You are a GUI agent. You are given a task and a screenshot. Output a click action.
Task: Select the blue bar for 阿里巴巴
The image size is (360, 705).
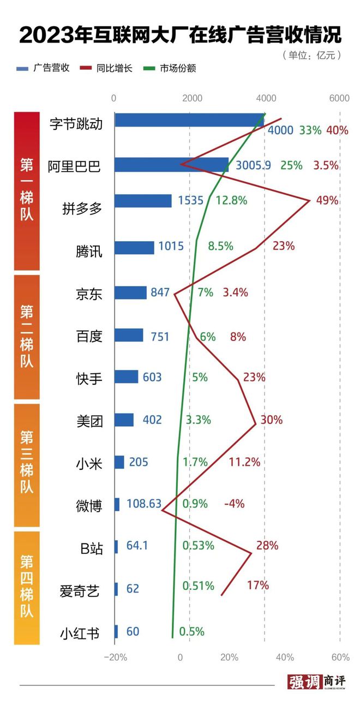tap(171, 164)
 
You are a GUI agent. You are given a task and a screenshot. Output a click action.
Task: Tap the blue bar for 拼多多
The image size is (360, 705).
tap(143, 200)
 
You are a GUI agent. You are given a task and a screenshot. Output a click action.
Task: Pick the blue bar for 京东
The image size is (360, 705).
tap(131, 292)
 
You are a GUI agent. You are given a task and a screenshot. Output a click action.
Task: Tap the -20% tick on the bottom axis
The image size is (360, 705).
tap(116, 656)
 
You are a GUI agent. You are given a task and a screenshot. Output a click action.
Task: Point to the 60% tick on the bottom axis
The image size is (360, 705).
tap(340, 656)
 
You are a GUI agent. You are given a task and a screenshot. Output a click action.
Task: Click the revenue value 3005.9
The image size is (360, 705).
tap(254, 165)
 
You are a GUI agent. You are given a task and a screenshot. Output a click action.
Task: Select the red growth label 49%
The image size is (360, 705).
tap(327, 200)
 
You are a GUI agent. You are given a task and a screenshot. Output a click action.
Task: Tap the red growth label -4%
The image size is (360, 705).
tap(235, 504)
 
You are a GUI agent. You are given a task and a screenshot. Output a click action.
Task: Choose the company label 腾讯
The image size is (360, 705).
tap(89, 252)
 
